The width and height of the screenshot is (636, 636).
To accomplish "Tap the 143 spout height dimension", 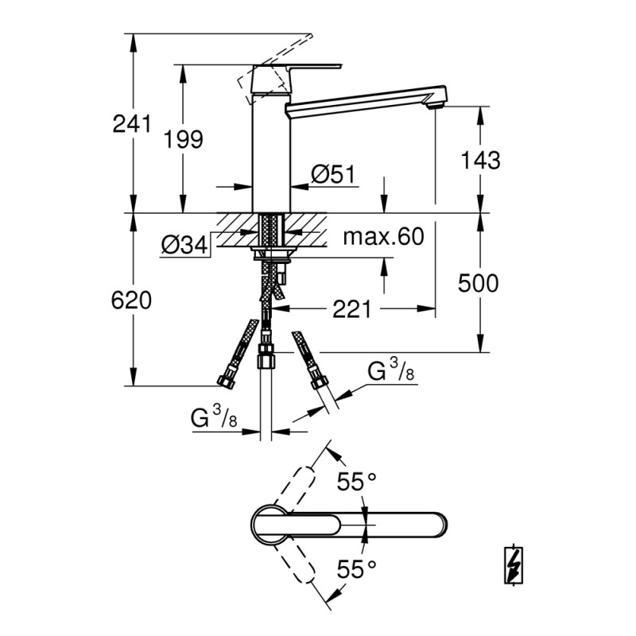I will pyautogui.click(x=480, y=160).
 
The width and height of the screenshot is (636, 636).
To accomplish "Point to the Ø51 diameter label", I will pyautogui.click(x=332, y=175).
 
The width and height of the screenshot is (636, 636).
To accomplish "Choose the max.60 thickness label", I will pyautogui.click(x=383, y=236).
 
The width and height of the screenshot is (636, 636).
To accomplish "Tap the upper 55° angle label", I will pyautogui.click(x=355, y=482).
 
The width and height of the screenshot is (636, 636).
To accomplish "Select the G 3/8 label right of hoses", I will pyautogui.click(x=390, y=372).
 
